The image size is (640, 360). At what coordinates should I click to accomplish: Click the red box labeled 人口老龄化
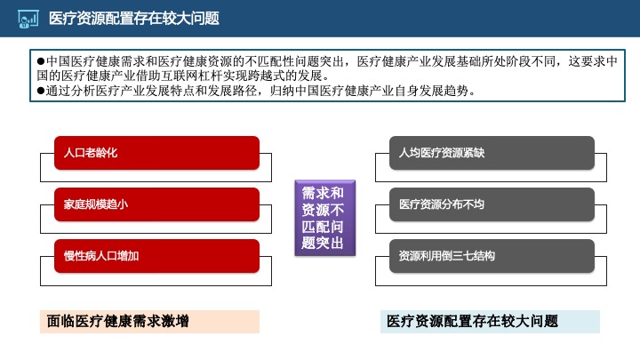tap(156, 153)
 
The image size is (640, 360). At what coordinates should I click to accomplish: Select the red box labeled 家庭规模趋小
tap(156, 204)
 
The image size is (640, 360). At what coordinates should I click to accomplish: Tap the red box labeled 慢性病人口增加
tap(156, 256)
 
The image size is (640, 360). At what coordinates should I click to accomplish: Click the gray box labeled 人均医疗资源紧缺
tap(492, 153)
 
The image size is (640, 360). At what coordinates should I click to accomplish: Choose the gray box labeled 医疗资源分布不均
tap(492, 204)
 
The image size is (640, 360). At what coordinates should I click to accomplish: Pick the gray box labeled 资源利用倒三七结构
tap(492, 256)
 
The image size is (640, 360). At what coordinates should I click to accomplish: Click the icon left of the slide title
tap(28, 19)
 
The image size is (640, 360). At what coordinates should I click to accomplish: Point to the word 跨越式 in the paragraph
tap(276, 76)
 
